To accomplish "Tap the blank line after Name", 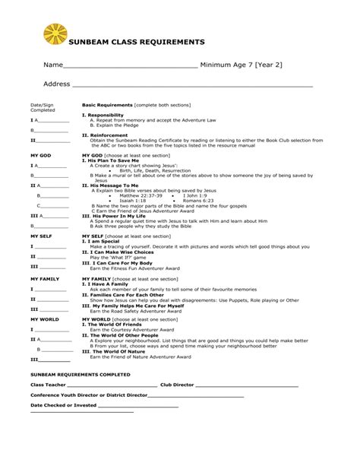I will click(x=128, y=67).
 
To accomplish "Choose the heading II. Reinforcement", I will click(x=105, y=135).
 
